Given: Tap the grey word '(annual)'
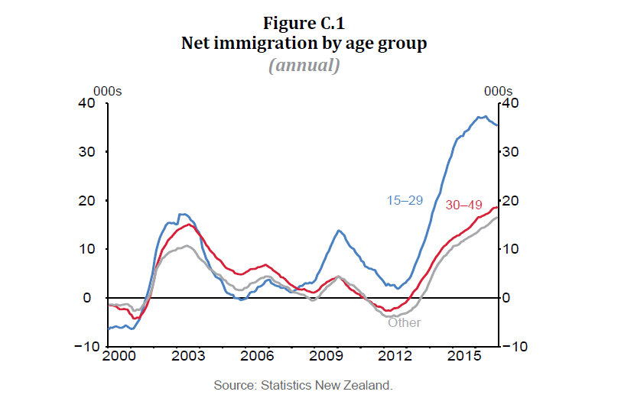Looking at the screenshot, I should click(x=304, y=65).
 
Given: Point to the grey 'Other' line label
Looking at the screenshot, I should click(x=404, y=322).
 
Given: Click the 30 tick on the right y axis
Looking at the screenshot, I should click(x=511, y=152).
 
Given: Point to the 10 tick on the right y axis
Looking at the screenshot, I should click(x=511, y=250).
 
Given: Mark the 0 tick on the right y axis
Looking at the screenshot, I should click(x=507, y=298).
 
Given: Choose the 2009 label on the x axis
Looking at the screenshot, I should click(x=328, y=358).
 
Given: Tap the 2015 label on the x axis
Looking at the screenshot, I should click(x=464, y=358).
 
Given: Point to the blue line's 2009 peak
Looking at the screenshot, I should click(x=338, y=230).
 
